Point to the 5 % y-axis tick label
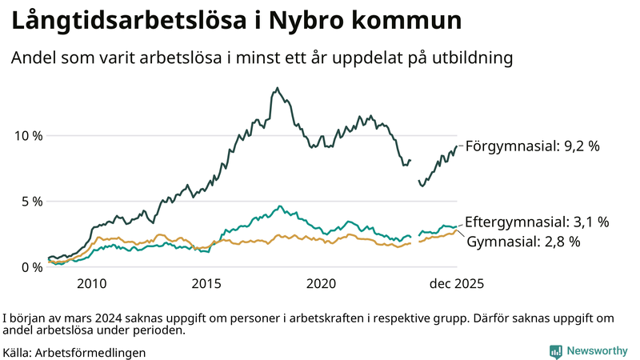32,201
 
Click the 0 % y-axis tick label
32,267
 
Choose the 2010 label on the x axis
91,284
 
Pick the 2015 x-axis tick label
206,284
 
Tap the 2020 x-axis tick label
322,284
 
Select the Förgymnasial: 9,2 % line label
532,146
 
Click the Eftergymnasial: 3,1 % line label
537,222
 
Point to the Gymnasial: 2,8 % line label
523,241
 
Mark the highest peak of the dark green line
278,88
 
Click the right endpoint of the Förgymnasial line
457,146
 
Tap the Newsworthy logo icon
555,351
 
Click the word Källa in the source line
18,352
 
